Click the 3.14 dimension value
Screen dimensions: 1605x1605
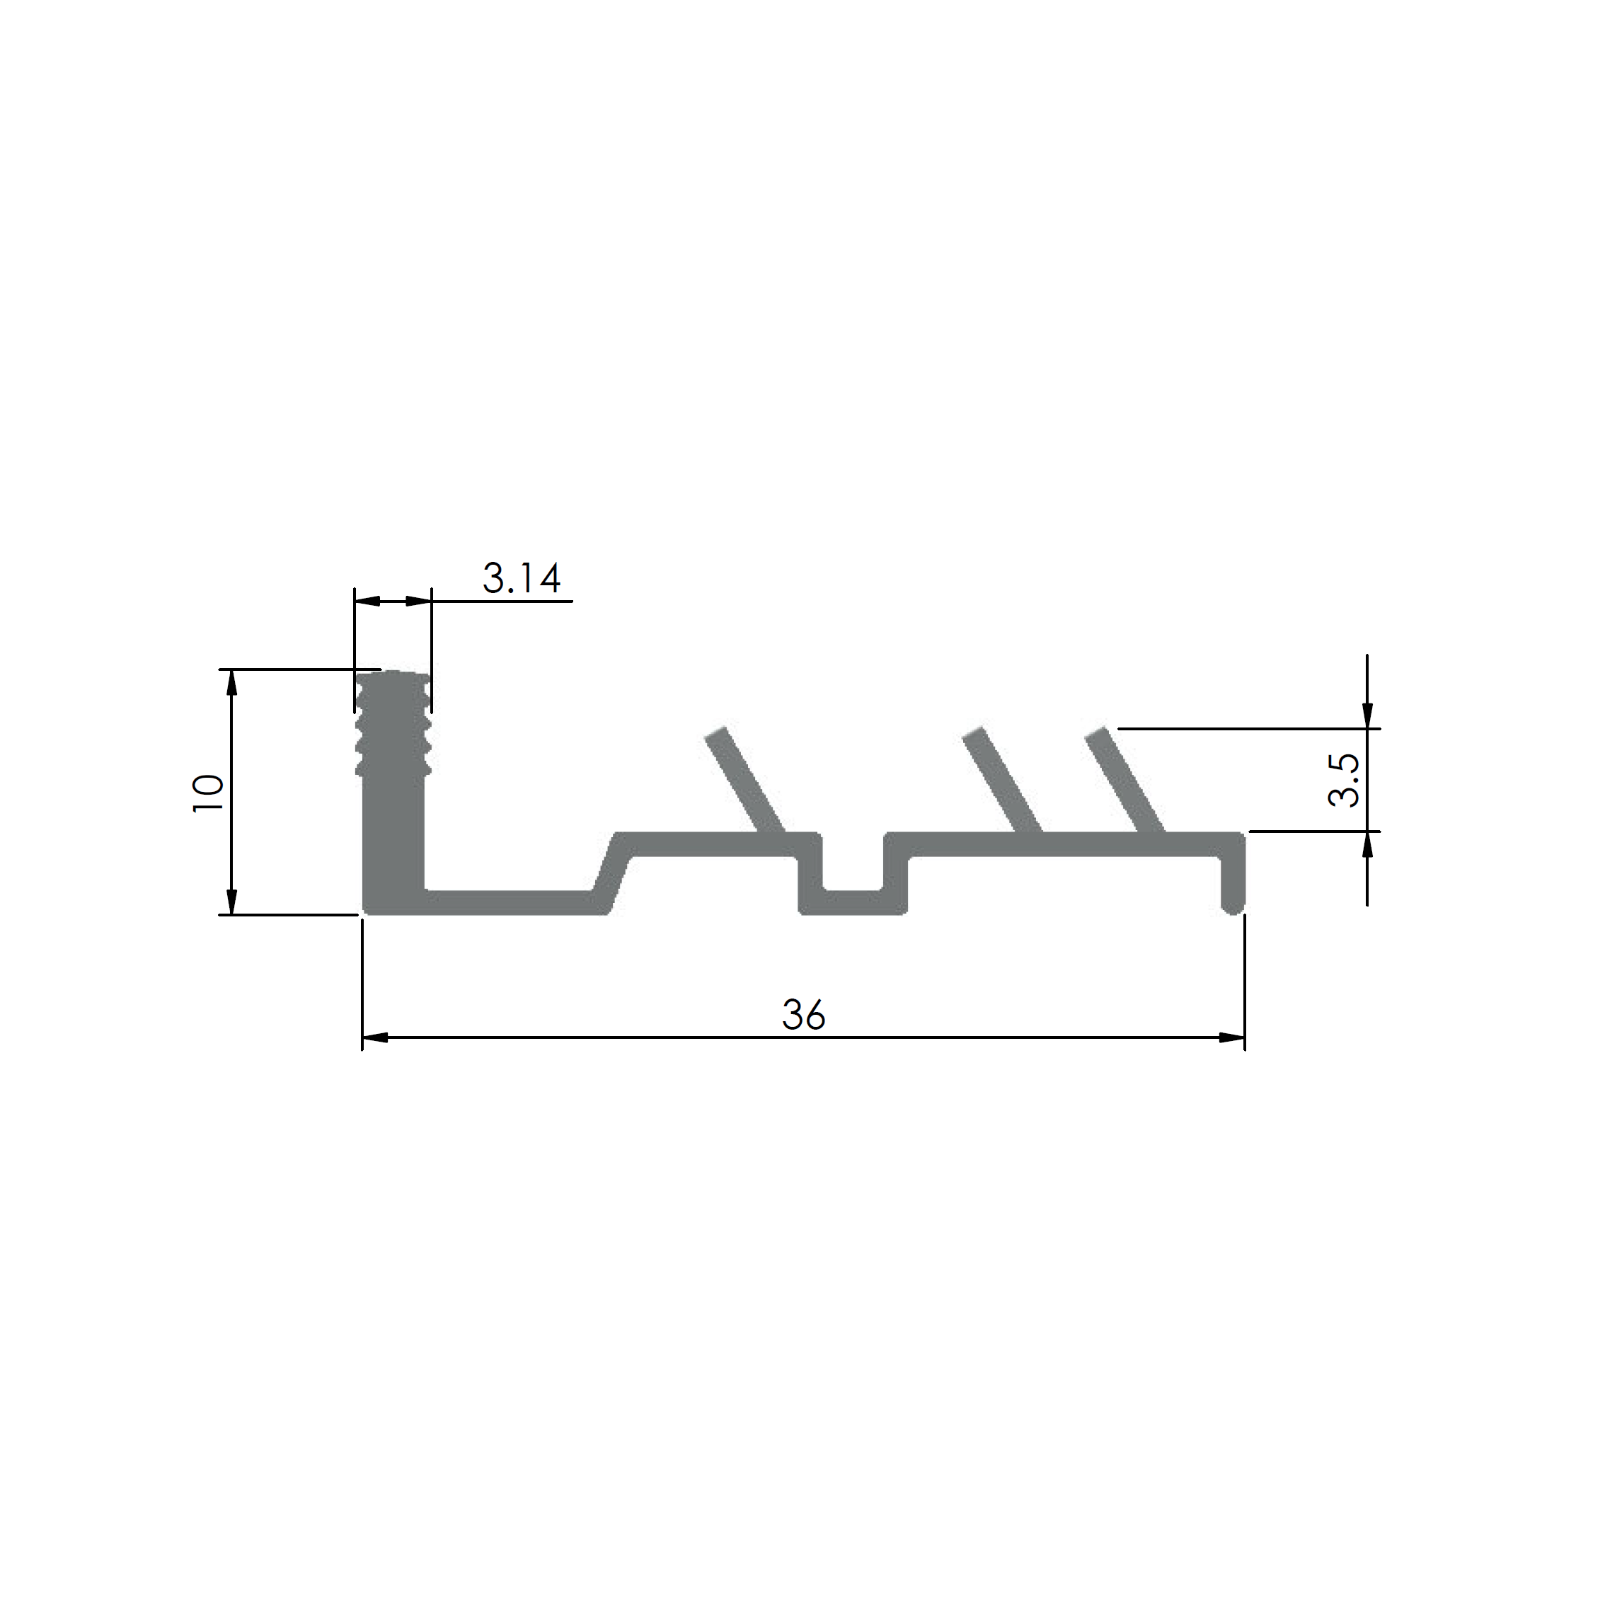[522, 578]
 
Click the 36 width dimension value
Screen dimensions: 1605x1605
[803, 1016]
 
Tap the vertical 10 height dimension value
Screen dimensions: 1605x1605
[207, 793]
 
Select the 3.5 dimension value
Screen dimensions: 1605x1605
[1343, 779]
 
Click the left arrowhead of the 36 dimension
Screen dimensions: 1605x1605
[376, 1037]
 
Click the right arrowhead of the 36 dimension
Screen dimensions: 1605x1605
[1231, 1037]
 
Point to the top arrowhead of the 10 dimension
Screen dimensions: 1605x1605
[232, 682]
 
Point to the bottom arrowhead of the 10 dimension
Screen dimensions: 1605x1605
[232, 902]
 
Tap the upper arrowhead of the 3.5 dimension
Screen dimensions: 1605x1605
[1367, 715]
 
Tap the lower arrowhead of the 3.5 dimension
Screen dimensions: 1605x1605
[1367, 844]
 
